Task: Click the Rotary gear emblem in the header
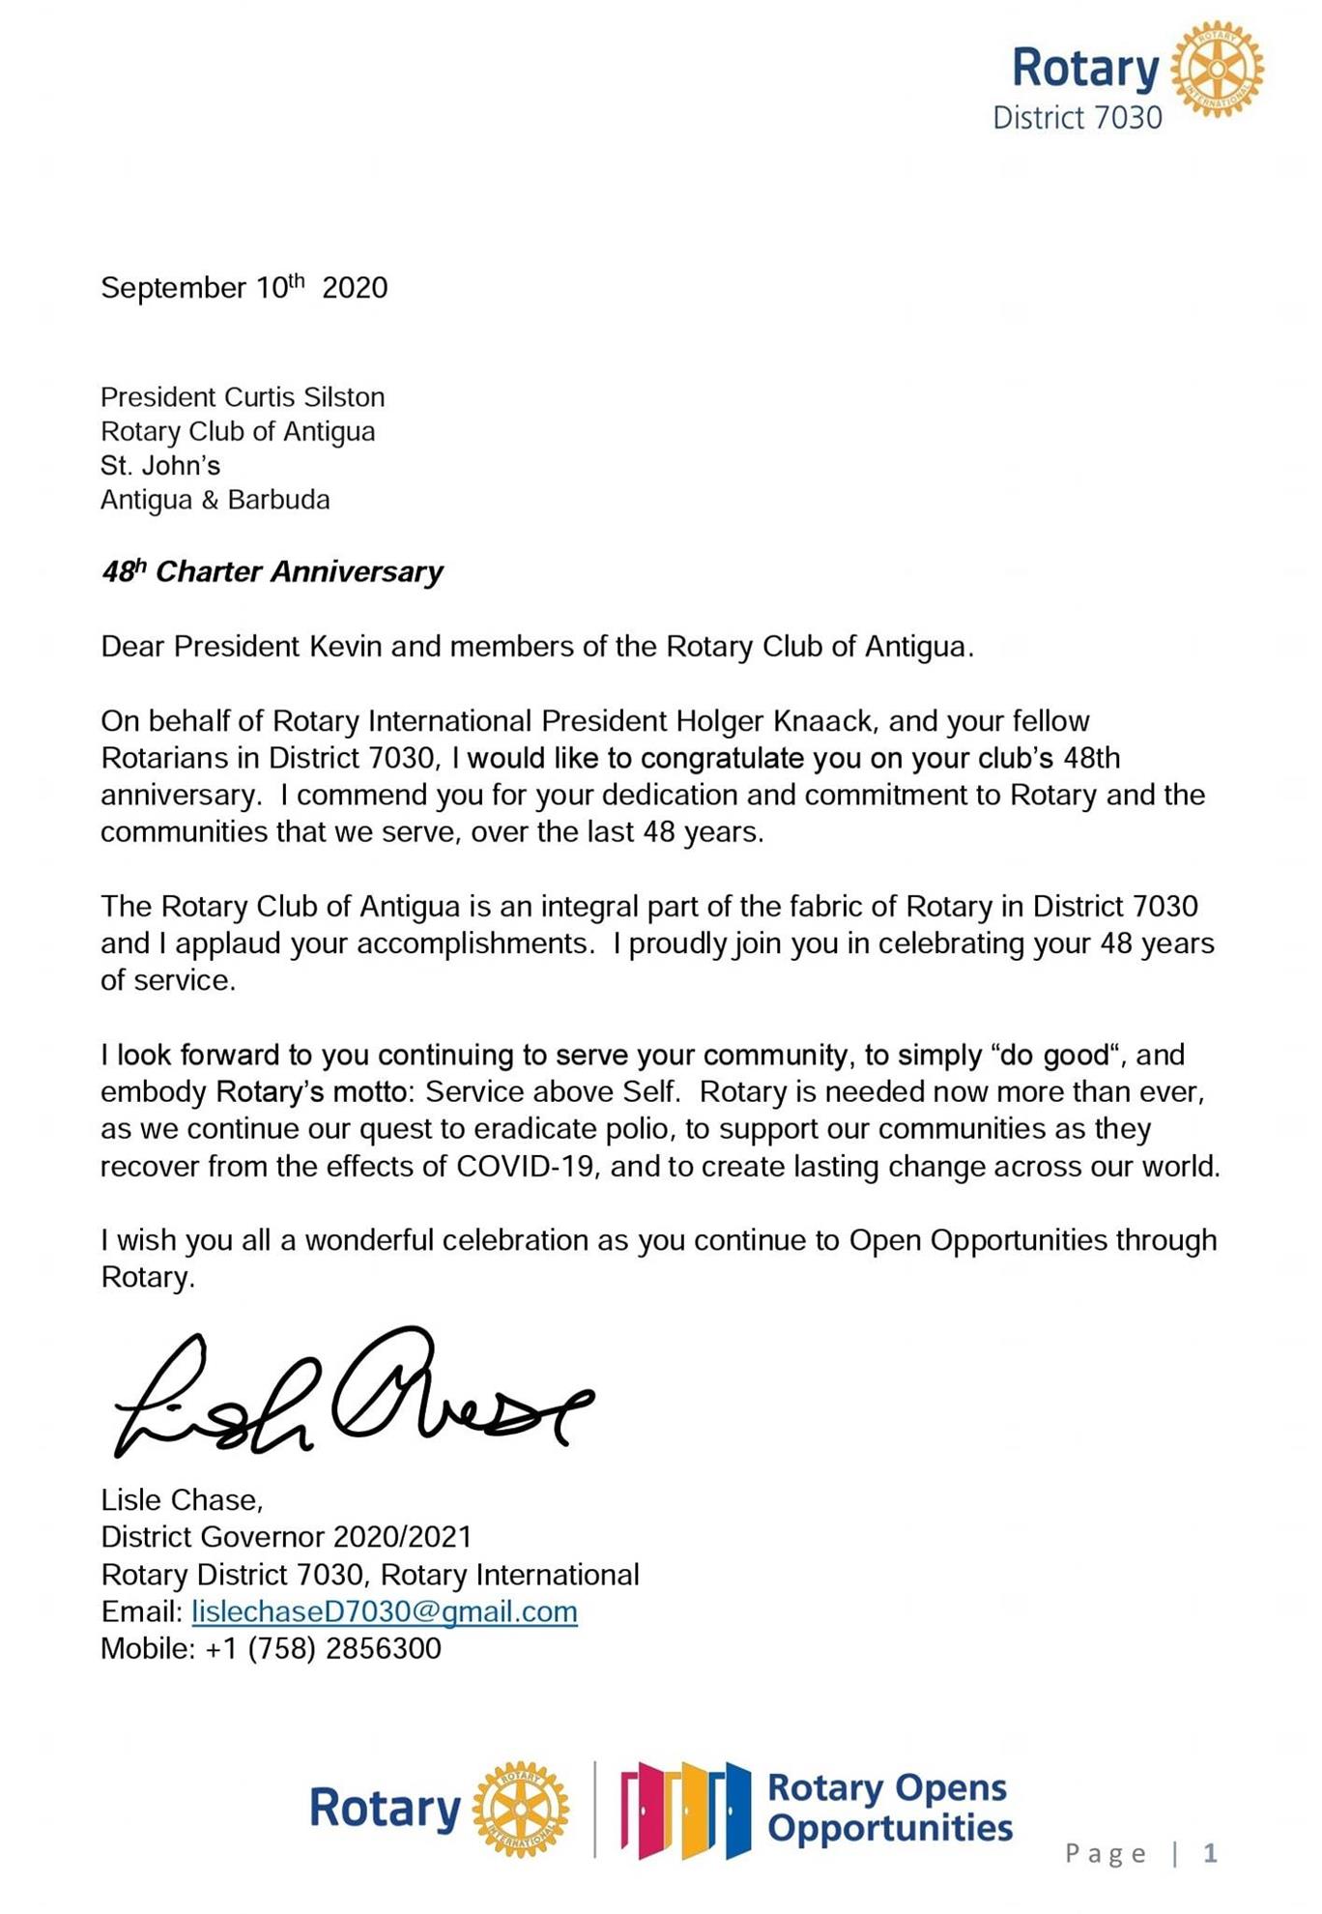[x=1217, y=71]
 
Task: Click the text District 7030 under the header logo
[x=1078, y=119]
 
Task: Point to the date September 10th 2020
[x=244, y=287]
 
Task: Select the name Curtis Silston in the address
[x=304, y=397]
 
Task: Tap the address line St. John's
[x=160, y=466]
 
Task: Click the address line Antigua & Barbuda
[x=216, y=500]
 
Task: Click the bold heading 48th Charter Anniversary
[x=272, y=571]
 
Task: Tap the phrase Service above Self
[x=554, y=1092]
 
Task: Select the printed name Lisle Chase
[x=180, y=1499]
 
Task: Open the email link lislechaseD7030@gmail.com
[x=385, y=1611]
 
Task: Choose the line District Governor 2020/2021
[x=286, y=1536]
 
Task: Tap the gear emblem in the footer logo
[x=520, y=1809]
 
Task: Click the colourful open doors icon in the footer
[x=685, y=1811]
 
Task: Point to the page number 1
[x=1209, y=1853]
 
